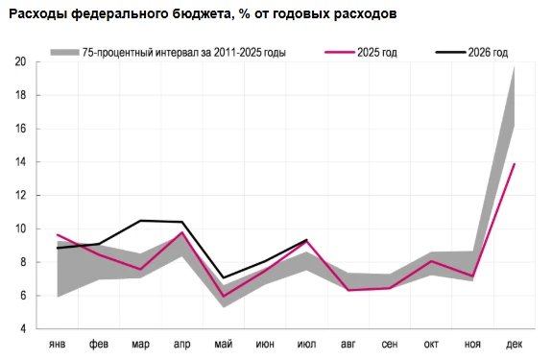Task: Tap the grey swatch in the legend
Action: click(x=64, y=53)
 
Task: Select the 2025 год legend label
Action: click(x=377, y=53)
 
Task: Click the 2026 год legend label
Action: click(x=488, y=53)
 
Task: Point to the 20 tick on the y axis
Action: click(x=21, y=62)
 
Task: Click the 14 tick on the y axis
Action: click(x=21, y=162)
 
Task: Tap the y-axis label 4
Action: click(x=23, y=329)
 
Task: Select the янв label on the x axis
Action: click(x=57, y=344)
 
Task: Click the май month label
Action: click(x=224, y=344)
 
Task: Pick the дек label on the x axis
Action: click(x=515, y=344)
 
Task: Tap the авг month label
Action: click(x=348, y=344)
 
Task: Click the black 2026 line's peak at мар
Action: click(x=140, y=221)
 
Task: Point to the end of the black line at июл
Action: click(x=306, y=240)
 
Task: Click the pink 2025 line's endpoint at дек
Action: click(x=515, y=163)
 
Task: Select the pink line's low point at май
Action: click(x=224, y=297)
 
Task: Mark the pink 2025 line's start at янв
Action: click(x=58, y=234)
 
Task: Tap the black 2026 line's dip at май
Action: click(x=224, y=278)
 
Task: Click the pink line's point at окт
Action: click(x=431, y=261)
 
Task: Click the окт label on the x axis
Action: click(x=431, y=344)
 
